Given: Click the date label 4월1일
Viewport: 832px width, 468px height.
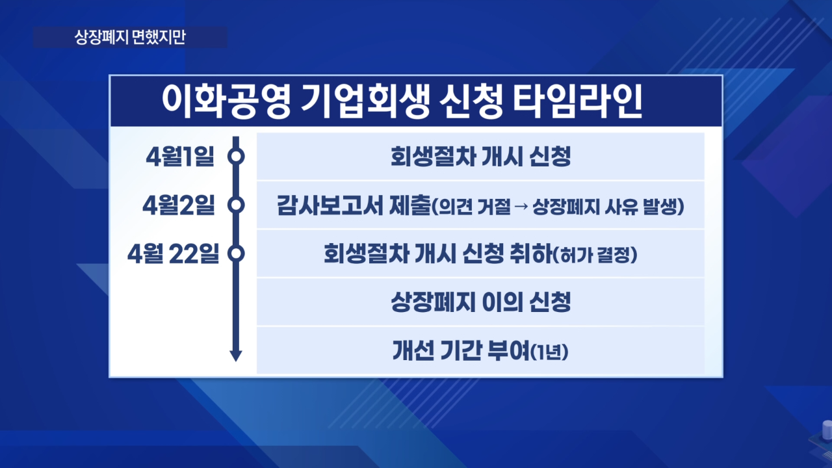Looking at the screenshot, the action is [180, 157].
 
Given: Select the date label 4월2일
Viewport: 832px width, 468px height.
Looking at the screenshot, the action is [179, 205].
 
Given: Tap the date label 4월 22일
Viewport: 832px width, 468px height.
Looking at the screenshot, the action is [173, 253].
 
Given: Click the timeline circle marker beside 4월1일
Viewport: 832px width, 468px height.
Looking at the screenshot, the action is [236, 156].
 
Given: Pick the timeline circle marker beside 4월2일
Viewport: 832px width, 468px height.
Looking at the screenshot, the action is [236, 205].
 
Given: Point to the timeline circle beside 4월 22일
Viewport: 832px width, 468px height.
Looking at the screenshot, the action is [236, 253].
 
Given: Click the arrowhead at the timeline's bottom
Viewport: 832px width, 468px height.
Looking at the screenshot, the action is [236, 356].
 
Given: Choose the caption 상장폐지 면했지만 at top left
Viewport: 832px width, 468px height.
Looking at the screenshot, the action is [130, 37].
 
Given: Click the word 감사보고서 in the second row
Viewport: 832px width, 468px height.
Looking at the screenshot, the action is [330, 205].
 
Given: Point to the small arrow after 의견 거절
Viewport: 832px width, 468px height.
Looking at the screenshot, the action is [521, 206].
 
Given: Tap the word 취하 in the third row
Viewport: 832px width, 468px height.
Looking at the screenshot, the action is [532, 253].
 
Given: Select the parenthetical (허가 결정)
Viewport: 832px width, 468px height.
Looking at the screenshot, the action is [595, 255].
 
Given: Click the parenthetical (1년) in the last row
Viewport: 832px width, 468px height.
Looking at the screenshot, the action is [550, 352].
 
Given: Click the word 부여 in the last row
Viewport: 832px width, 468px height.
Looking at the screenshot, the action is [508, 350].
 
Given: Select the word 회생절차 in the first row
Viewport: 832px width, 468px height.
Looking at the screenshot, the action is [434, 157].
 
